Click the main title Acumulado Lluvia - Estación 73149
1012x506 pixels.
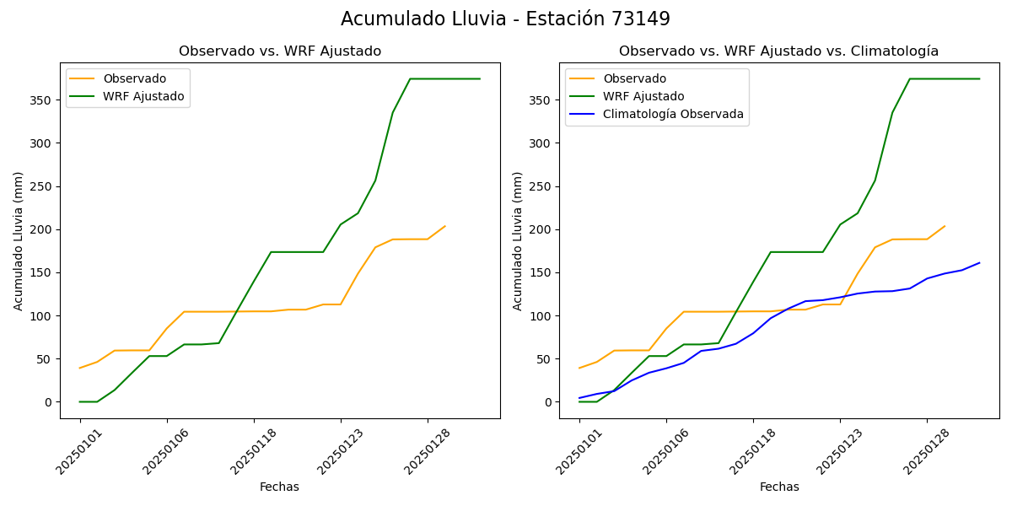pyautogui.click(x=505, y=19)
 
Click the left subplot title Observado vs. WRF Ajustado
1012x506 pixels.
pyautogui.click(x=280, y=51)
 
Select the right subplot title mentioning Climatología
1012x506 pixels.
pyautogui.click(x=778, y=51)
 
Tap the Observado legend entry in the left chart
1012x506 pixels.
pyautogui.click(x=134, y=78)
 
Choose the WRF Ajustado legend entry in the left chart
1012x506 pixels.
pyautogui.click(x=143, y=96)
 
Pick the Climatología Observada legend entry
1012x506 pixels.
pyautogui.click(x=673, y=115)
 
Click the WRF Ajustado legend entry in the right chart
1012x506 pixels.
pyautogui.click(x=643, y=96)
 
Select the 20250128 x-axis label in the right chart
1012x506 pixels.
pyautogui.click(x=924, y=452)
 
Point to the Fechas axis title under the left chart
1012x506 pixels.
pyautogui.click(x=279, y=487)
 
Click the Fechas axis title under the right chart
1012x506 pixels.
pyautogui.click(x=779, y=487)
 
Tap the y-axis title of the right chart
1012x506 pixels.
pyautogui.click(x=518, y=240)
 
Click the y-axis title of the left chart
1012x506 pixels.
pyautogui.click(x=19, y=240)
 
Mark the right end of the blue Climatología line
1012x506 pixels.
pyautogui.click(x=979, y=262)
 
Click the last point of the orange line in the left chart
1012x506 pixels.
pyautogui.click(x=445, y=226)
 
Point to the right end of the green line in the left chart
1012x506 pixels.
pyautogui.click(x=480, y=78)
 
